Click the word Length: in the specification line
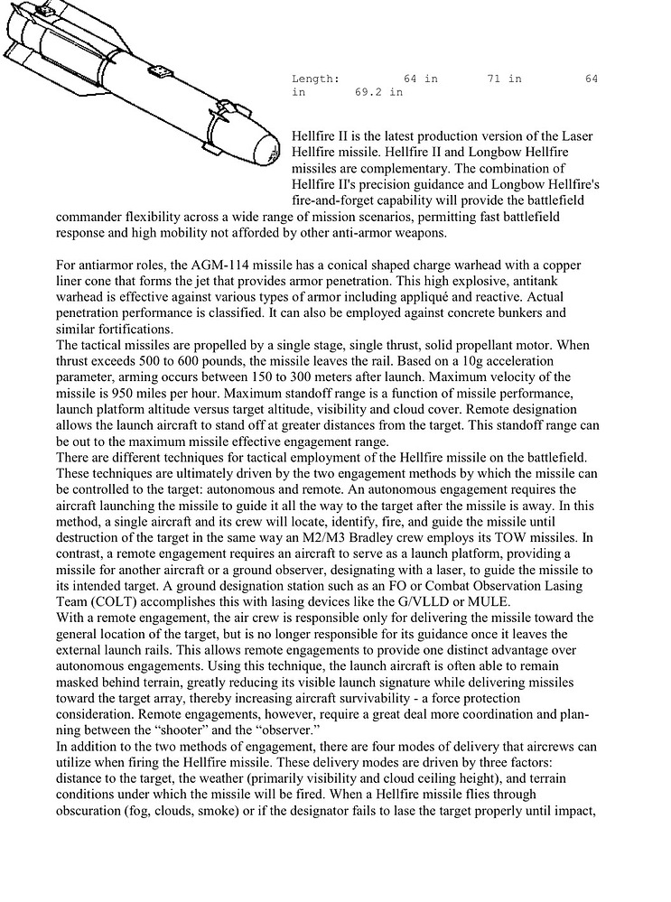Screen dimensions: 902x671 [x=316, y=79]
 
